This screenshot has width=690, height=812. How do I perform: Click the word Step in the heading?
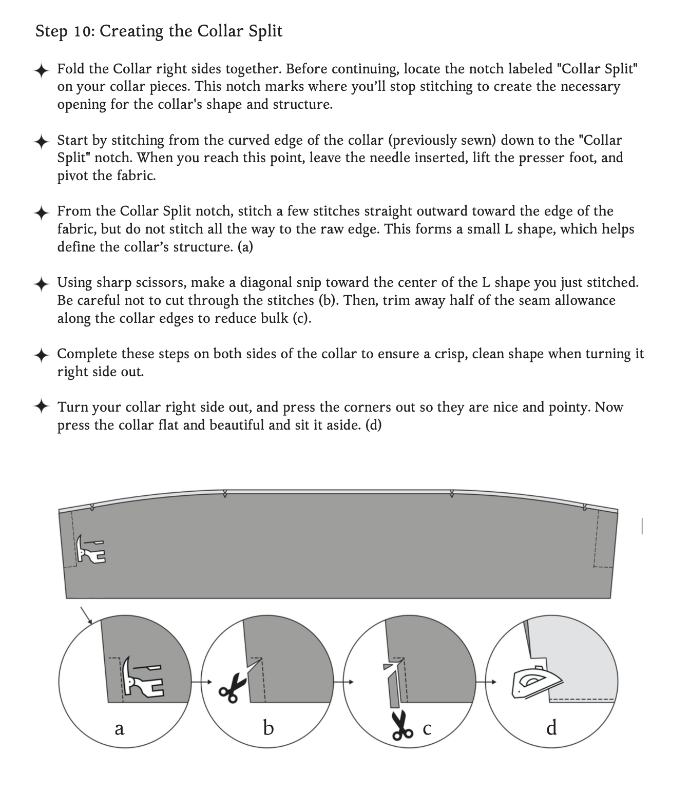(x=51, y=31)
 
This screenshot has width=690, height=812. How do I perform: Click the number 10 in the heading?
(x=83, y=31)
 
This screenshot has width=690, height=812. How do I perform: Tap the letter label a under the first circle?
(x=119, y=728)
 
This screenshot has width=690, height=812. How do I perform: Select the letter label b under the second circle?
(x=268, y=727)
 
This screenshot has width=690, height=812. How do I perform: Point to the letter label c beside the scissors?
(x=427, y=728)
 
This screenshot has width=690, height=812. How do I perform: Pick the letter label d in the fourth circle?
(x=551, y=727)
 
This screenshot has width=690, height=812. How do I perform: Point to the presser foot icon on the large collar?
(x=91, y=549)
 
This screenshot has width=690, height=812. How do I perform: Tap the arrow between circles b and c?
(x=342, y=682)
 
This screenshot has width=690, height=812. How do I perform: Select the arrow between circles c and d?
(x=485, y=682)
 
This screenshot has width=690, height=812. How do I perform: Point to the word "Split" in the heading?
(x=265, y=31)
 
